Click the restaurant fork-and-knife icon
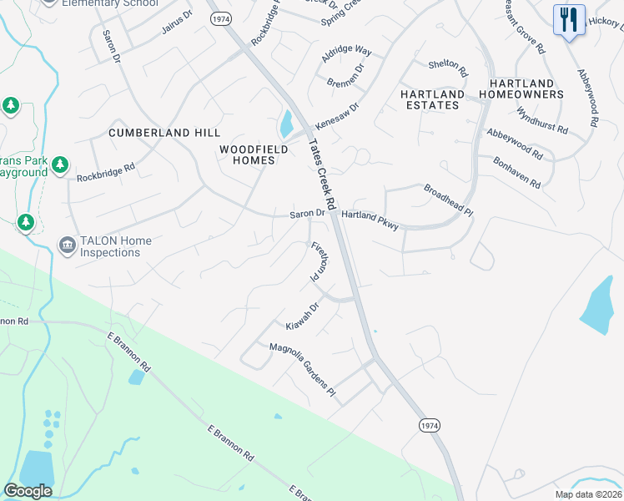568,18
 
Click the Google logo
28,491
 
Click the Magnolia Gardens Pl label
302,370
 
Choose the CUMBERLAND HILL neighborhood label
164,133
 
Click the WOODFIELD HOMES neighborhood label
254,154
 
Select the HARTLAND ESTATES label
431,99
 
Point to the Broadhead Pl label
448,200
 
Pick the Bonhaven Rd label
516,172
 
